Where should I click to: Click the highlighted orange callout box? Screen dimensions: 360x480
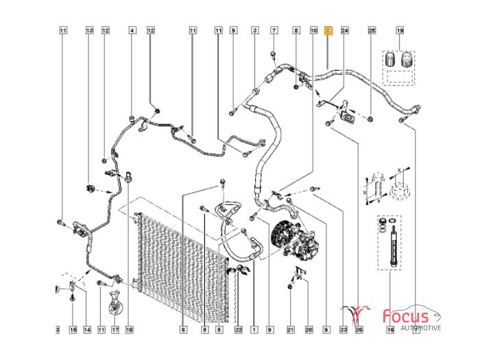pos(328,31)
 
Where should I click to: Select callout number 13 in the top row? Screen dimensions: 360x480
pos(88,31)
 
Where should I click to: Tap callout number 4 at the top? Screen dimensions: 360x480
pos(132,31)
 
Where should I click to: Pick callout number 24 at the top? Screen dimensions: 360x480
pos(345,31)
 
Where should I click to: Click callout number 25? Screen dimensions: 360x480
pos(372,31)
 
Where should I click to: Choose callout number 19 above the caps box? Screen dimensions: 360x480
pos(400,31)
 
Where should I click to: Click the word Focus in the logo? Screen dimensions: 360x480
pos(405,316)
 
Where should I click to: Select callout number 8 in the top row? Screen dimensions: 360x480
pos(296,31)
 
